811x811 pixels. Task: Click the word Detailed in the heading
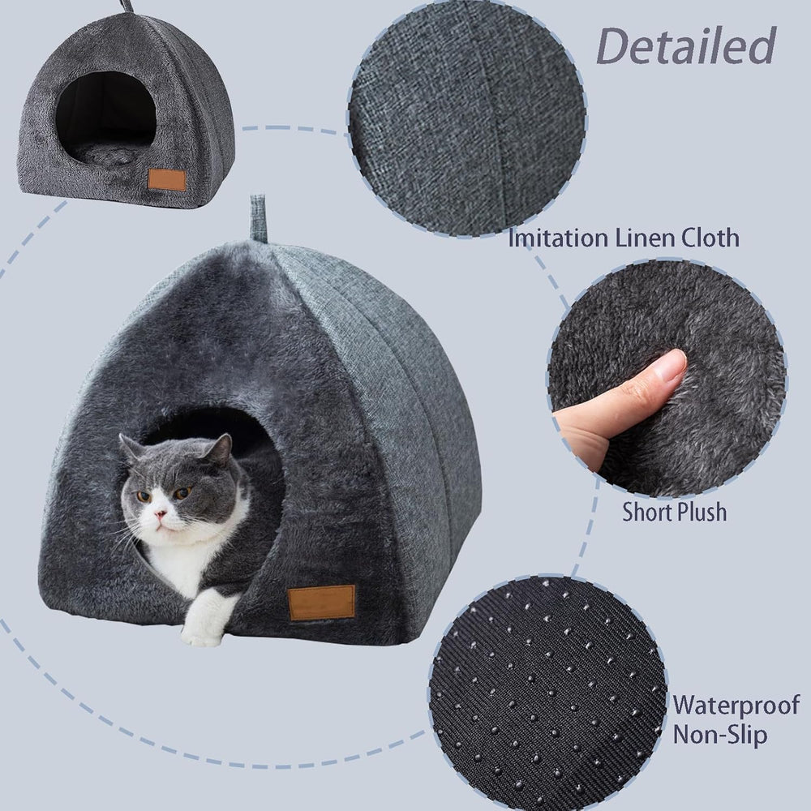point(686,46)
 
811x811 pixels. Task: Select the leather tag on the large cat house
point(321,602)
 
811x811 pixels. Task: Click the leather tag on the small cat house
point(167,179)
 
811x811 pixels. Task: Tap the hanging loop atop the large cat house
point(259,217)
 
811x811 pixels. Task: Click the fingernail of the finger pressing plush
point(669,367)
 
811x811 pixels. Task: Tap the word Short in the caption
point(647,513)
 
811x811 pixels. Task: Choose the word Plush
point(702,513)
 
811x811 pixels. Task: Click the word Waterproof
point(736,704)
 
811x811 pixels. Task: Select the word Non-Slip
point(720,736)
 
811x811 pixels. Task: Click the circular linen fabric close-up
point(468,118)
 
